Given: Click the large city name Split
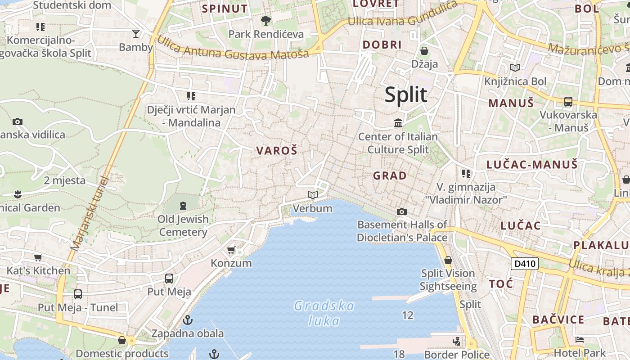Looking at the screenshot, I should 406,95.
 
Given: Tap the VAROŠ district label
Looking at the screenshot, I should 277,151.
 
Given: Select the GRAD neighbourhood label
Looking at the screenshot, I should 390,175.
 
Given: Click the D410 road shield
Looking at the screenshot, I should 525,263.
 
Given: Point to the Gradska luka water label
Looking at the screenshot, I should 324,313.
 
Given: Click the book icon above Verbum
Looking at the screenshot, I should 313,195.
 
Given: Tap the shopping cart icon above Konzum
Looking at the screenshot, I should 231,250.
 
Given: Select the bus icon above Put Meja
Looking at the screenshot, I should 169,279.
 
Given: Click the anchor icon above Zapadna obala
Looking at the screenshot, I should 188,320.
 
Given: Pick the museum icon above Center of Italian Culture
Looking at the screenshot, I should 398,122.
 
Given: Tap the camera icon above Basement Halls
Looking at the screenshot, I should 402,211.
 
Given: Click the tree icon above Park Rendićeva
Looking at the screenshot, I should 266,20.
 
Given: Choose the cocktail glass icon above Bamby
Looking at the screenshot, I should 136,33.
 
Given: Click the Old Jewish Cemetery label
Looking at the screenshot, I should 183,225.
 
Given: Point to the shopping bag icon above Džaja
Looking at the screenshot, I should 424,50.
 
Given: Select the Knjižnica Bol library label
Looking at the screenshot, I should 515,81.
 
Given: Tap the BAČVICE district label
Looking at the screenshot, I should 558,320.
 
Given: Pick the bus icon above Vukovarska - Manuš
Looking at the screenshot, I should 568,102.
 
